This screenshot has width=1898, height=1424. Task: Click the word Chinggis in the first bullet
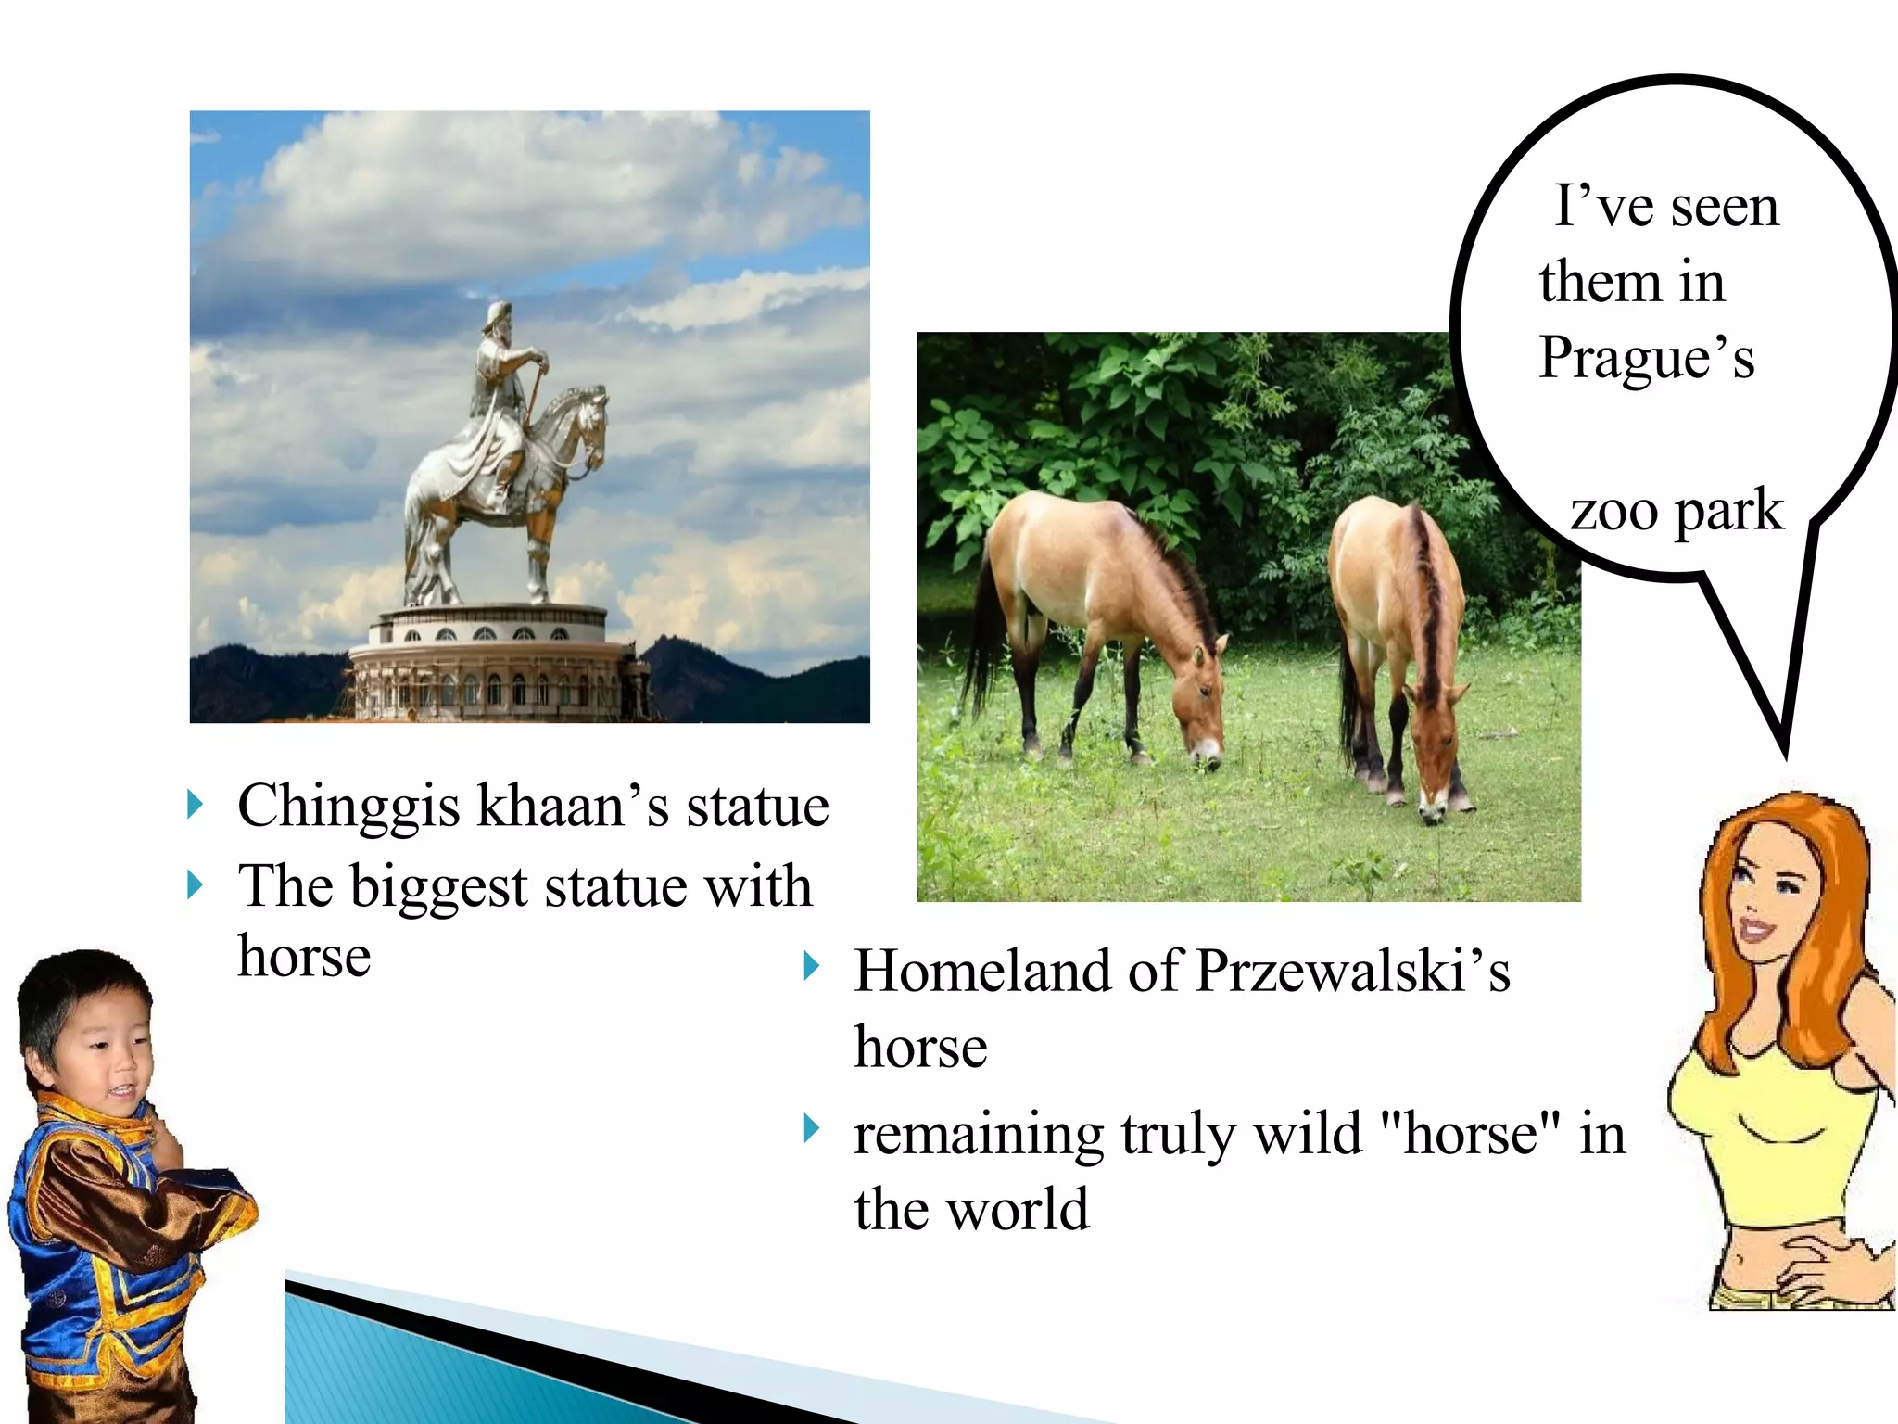pyautogui.click(x=348, y=807)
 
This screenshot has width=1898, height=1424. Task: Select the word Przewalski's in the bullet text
pyautogui.click(x=1353, y=972)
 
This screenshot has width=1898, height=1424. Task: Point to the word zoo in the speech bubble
pyautogui.click(x=1613, y=511)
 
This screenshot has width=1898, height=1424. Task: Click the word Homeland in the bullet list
pyautogui.click(x=982, y=972)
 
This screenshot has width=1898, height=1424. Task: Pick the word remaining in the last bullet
pyautogui.click(x=979, y=1135)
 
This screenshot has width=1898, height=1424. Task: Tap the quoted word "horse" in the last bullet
pyautogui.click(x=1470, y=1133)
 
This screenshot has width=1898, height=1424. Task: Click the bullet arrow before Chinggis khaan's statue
pyautogui.click(x=195, y=805)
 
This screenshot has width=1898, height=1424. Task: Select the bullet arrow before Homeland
pyautogui.click(x=812, y=966)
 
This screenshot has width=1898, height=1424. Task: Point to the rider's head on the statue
pyautogui.click(x=499, y=320)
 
